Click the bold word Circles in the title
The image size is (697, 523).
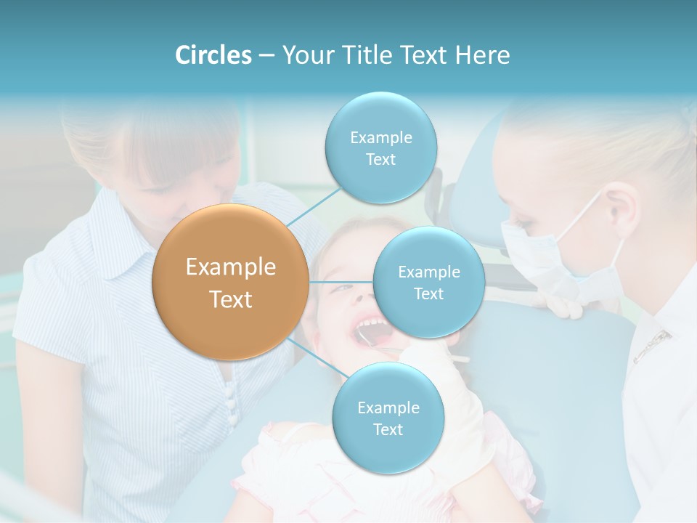[213, 55]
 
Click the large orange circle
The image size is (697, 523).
[230, 283]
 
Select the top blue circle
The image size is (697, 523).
[380, 147]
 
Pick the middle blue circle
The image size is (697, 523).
[428, 282]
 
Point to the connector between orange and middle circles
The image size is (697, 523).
[341, 282]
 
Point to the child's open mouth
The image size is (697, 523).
[370, 331]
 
